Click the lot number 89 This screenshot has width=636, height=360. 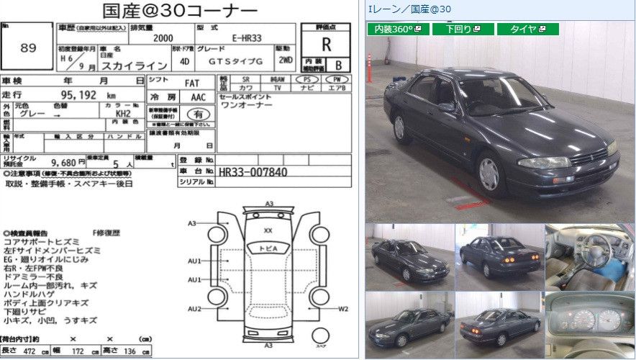coord(28,48)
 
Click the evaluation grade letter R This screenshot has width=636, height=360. coord(326,45)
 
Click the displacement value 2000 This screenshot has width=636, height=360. coord(163,37)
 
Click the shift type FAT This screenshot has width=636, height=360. coord(192,82)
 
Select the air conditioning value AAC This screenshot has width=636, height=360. coord(196,96)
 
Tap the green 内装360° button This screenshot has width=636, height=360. coord(399,29)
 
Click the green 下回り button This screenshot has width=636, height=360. coord(468,29)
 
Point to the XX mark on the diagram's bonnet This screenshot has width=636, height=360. coord(268,230)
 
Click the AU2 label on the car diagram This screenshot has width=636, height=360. coord(194,309)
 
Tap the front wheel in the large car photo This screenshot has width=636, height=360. coord(489,173)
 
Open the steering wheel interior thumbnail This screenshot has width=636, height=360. coord(589,255)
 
